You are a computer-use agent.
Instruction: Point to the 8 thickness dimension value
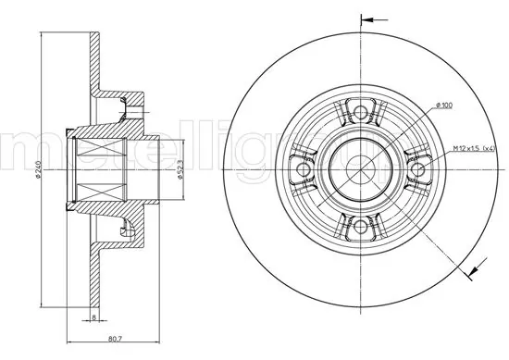pyautogui.click(x=93, y=317)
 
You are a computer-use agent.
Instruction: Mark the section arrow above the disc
pyautogui.click(x=369, y=18)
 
